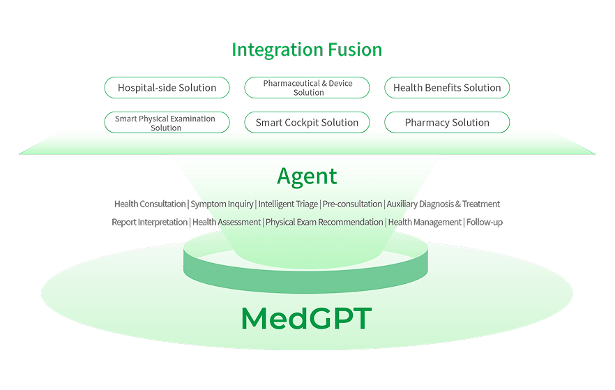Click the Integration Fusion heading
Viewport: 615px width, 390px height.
pos(307,50)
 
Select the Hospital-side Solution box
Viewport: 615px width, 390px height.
pos(167,88)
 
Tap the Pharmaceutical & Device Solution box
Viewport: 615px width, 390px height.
pos(307,88)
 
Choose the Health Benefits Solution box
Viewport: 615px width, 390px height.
pos(447,88)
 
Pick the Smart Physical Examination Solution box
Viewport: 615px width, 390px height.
pos(167,123)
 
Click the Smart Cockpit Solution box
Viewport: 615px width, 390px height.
pos(307,123)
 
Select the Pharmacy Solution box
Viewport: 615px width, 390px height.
pos(447,123)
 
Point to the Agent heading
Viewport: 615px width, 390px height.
pos(307,176)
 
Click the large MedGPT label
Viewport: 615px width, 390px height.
pos(306,319)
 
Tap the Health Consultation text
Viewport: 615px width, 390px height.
pos(150,204)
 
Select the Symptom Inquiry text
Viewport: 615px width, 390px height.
pos(222,204)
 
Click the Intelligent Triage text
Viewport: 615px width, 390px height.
pos(288,204)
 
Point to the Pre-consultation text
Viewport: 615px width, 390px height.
pos(352,204)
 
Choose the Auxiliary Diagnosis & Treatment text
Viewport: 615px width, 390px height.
pos(443,204)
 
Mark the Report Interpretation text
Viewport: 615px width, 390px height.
pos(149,223)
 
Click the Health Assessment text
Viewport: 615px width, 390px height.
pos(227,223)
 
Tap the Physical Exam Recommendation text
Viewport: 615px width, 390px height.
pos(324,223)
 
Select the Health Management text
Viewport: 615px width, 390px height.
pos(425,223)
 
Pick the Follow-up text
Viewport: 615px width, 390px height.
pos(485,223)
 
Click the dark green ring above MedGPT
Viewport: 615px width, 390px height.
pos(306,276)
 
